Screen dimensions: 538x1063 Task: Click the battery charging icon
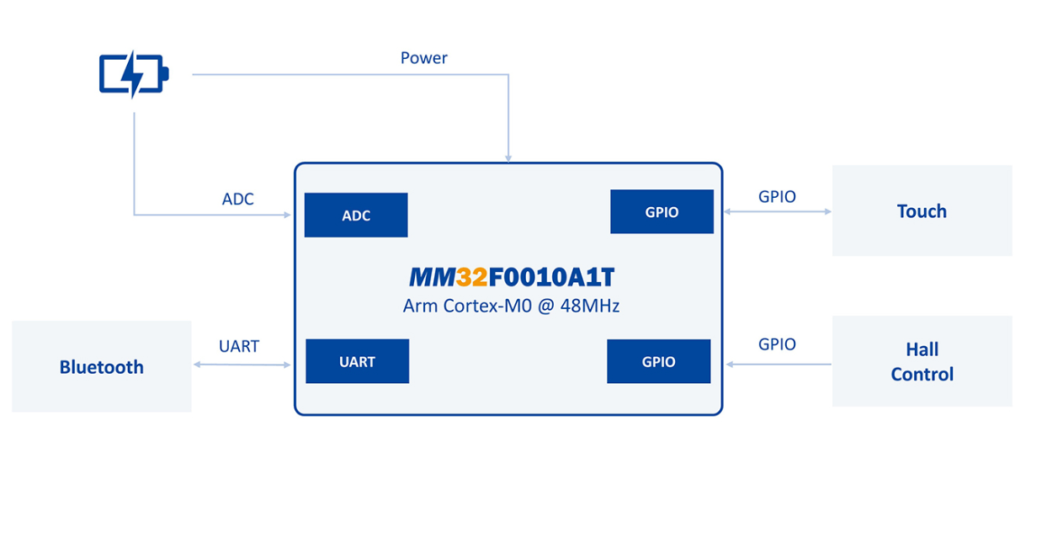pyautogui.click(x=134, y=74)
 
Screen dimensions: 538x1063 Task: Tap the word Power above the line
pyautogui.click(x=423, y=58)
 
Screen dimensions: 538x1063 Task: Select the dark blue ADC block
pyautogui.click(x=356, y=216)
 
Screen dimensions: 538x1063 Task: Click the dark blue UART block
pyautogui.click(x=357, y=362)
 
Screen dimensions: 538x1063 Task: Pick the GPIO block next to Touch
pyautogui.click(x=662, y=212)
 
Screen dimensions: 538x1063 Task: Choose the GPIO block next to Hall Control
pyautogui.click(x=658, y=362)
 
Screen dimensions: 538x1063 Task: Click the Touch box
pyautogui.click(x=922, y=210)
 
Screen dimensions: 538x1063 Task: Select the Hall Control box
pyautogui.click(x=922, y=361)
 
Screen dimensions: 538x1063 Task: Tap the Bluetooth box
pyautogui.click(x=102, y=366)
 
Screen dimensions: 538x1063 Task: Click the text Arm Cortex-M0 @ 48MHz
pyautogui.click(x=511, y=306)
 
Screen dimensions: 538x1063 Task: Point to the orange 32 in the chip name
pyautogui.click(x=471, y=277)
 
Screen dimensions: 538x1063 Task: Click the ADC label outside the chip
pyautogui.click(x=237, y=200)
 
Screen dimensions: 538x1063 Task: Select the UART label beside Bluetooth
pyautogui.click(x=239, y=346)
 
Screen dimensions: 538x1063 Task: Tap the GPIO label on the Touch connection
pyautogui.click(x=777, y=197)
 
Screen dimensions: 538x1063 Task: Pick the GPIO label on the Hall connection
pyautogui.click(x=777, y=344)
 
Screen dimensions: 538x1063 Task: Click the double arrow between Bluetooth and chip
pyautogui.click(x=242, y=365)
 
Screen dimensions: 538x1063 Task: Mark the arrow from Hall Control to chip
pyautogui.click(x=778, y=365)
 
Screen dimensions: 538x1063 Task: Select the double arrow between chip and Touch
pyautogui.click(x=777, y=212)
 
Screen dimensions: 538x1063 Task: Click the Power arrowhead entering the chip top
pyautogui.click(x=508, y=157)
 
